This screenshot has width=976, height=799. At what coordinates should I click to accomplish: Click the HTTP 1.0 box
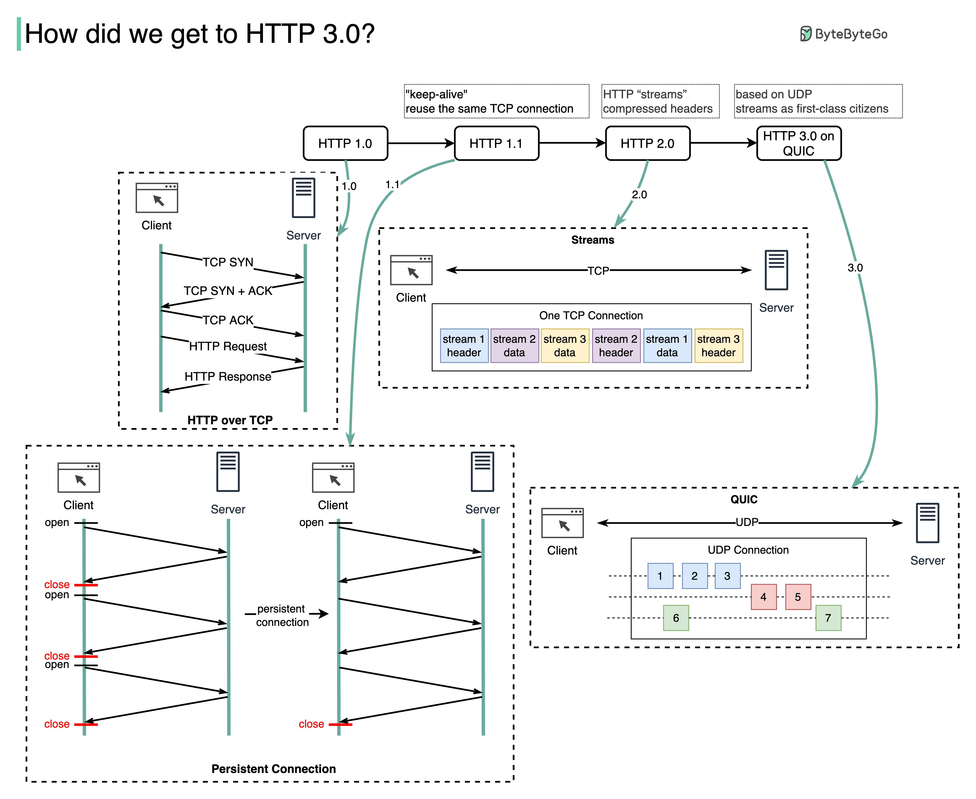pos(345,143)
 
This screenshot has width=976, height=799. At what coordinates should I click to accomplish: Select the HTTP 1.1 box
pos(496,143)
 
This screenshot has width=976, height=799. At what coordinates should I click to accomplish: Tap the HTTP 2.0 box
pos(647,143)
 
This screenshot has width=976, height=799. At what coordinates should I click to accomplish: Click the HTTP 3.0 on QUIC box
pos(798,143)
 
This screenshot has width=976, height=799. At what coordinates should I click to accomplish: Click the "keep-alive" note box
pos(496,101)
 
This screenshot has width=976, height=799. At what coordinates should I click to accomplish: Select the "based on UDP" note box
pos(818,101)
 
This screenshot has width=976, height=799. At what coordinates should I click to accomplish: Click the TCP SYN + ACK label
pos(228,291)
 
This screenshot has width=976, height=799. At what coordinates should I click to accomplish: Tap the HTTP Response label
pos(228,376)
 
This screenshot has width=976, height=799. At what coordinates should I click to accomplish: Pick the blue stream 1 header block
pos(464,346)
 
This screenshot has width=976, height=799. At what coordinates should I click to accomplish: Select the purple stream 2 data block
pos(514,346)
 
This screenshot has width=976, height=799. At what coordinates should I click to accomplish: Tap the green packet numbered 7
pos(828,618)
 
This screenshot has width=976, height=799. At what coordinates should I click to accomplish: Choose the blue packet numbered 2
pos(694,576)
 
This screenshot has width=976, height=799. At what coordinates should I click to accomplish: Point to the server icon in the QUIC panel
pos(927,523)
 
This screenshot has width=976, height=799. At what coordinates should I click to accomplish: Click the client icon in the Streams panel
pos(411,270)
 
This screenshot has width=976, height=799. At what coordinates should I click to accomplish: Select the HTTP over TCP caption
pos(230,420)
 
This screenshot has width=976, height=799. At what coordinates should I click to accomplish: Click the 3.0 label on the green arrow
pos(854,267)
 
